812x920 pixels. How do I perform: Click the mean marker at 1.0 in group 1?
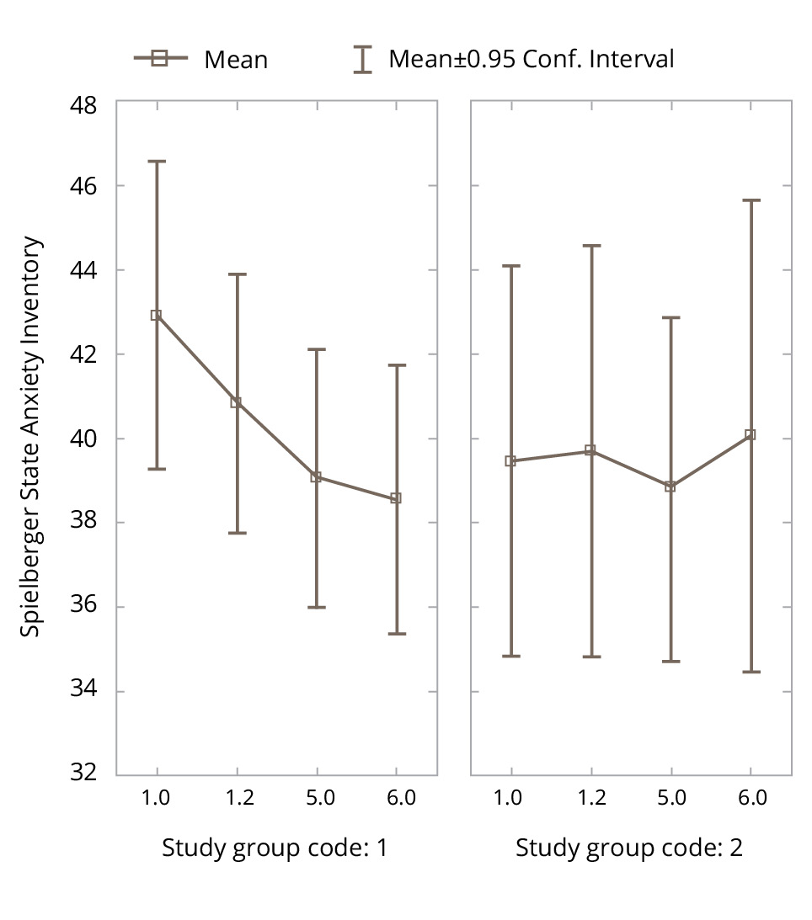point(156,316)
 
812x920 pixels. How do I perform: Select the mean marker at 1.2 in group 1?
point(237,402)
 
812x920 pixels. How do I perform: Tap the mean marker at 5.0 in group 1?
point(316,477)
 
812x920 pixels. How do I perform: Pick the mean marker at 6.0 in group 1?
point(396,498)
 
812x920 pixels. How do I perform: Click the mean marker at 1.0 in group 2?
point(510,461)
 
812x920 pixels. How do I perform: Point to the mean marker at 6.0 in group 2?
point(751,435)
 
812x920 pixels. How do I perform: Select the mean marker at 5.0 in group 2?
point(670,487)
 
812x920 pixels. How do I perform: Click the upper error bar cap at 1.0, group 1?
point(156,161)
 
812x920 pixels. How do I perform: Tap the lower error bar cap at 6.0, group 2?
point(751,672)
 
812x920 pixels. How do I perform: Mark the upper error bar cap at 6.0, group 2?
point(751,200)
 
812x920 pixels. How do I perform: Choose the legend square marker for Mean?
point(160,58)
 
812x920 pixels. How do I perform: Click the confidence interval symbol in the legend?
point(362,59)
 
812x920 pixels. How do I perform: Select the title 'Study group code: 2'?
point(628,848)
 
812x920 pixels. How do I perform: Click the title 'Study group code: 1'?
point(275,848)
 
